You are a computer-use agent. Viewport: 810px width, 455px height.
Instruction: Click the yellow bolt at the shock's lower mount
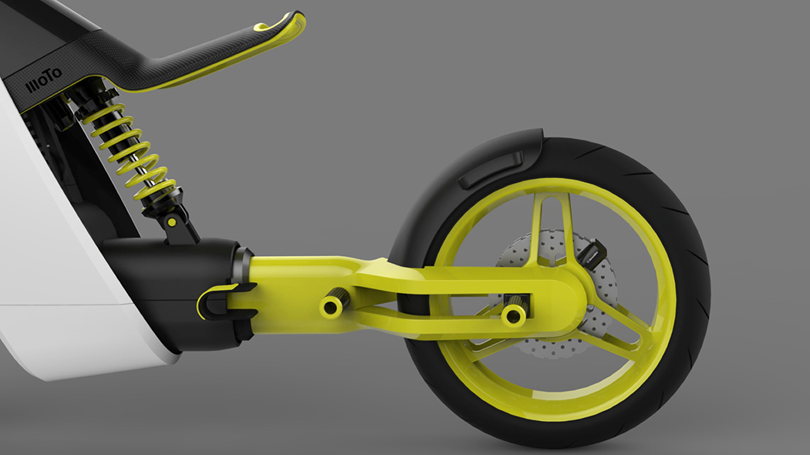click(x=172, y=222)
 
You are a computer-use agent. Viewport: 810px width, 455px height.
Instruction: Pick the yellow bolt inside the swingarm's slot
click(x=513, y=315)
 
